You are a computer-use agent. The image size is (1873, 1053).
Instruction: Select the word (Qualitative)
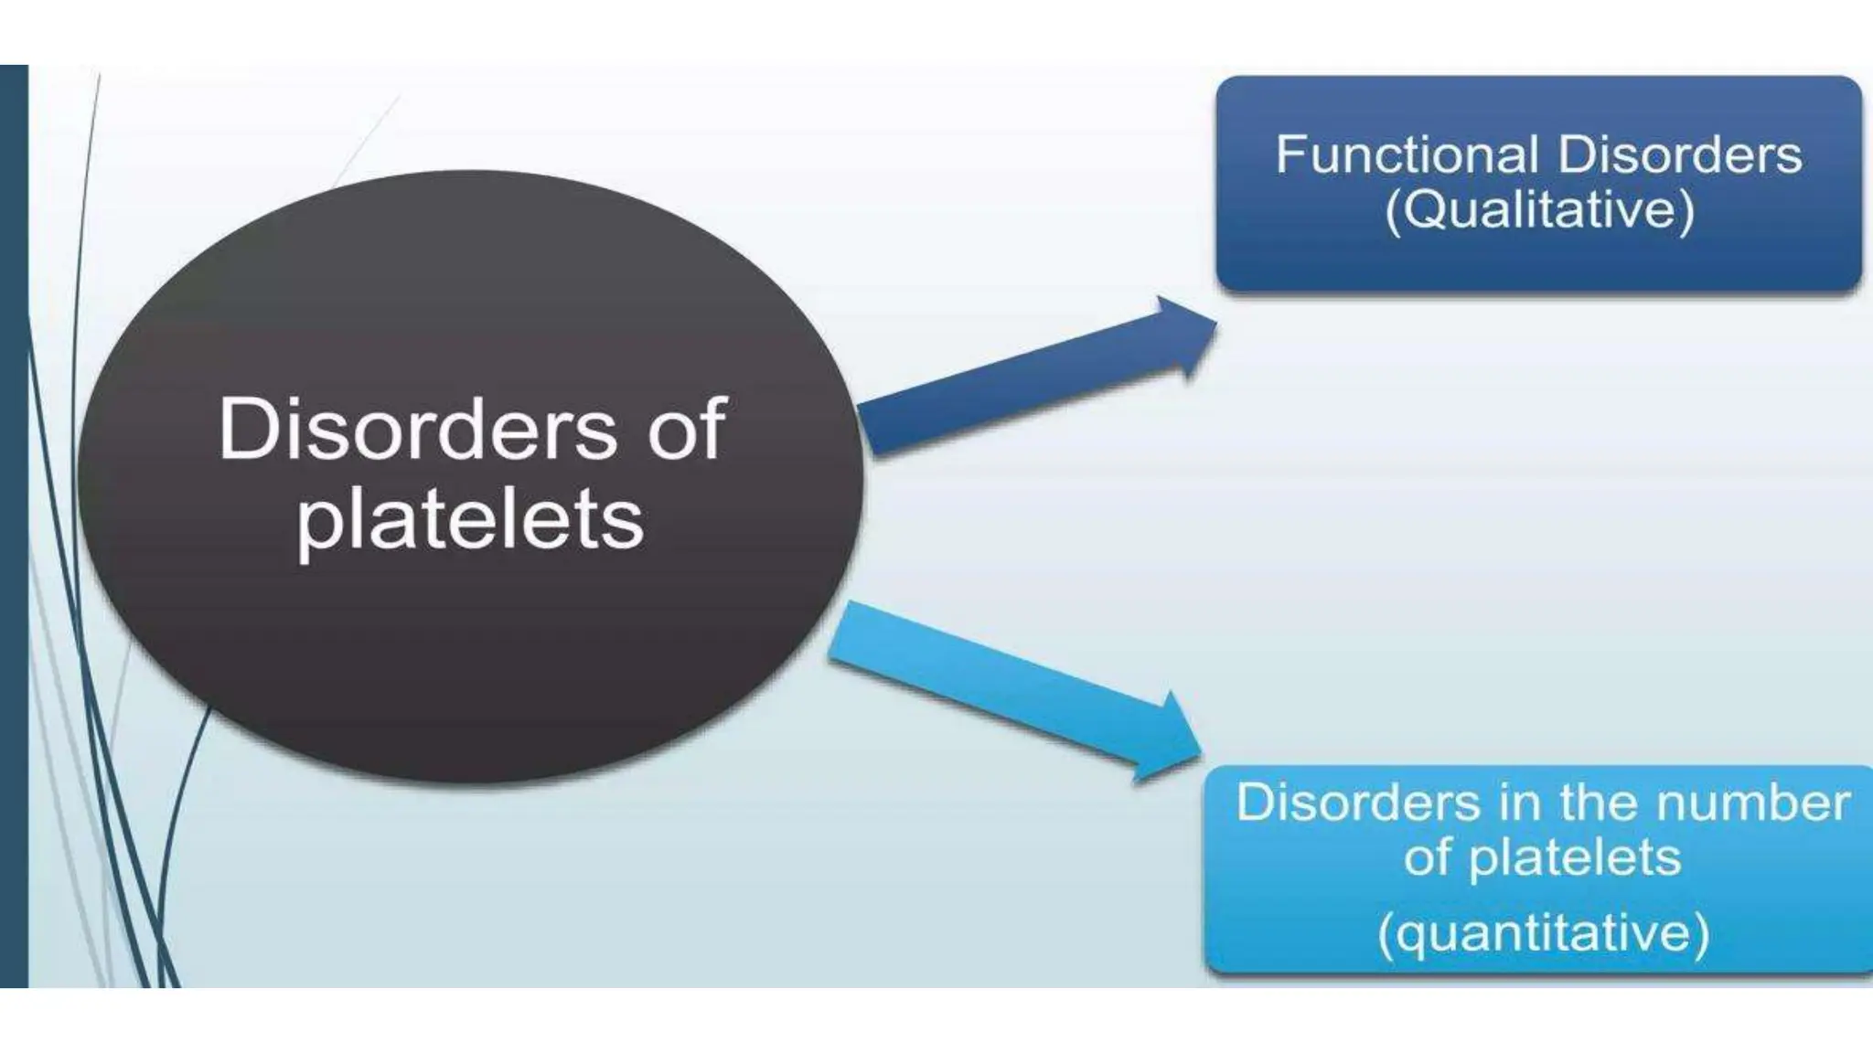pos(1540,210)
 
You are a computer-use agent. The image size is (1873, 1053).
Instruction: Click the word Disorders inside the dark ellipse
pos(417,429)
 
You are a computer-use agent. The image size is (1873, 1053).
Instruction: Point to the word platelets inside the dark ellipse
pos(470,519)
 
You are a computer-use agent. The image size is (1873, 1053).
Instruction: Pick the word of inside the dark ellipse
pos(686,429)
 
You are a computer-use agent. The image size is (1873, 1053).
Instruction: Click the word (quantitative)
pos(1544,933)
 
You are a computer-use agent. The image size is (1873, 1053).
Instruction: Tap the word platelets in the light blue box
pos(1575,857)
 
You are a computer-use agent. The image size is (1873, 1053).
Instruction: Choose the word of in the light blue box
pos(1428,857)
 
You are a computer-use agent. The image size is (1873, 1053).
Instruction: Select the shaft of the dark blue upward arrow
pos(1006,389)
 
